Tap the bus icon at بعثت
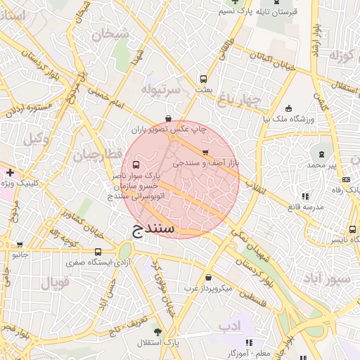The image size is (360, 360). [x=204, y=79]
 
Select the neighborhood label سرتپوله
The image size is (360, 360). [x=162, y=90]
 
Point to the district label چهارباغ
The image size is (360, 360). [x=239, y=100]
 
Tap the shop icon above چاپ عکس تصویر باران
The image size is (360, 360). [x=167, y=119]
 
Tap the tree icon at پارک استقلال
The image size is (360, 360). [x=158, y=331]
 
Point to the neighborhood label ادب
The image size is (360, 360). [x=229, y=326]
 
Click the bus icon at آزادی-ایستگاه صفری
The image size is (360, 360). [x=98, y=252]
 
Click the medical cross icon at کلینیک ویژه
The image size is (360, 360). [x=10, y=172]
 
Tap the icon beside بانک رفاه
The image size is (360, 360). [x=347, y=179]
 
